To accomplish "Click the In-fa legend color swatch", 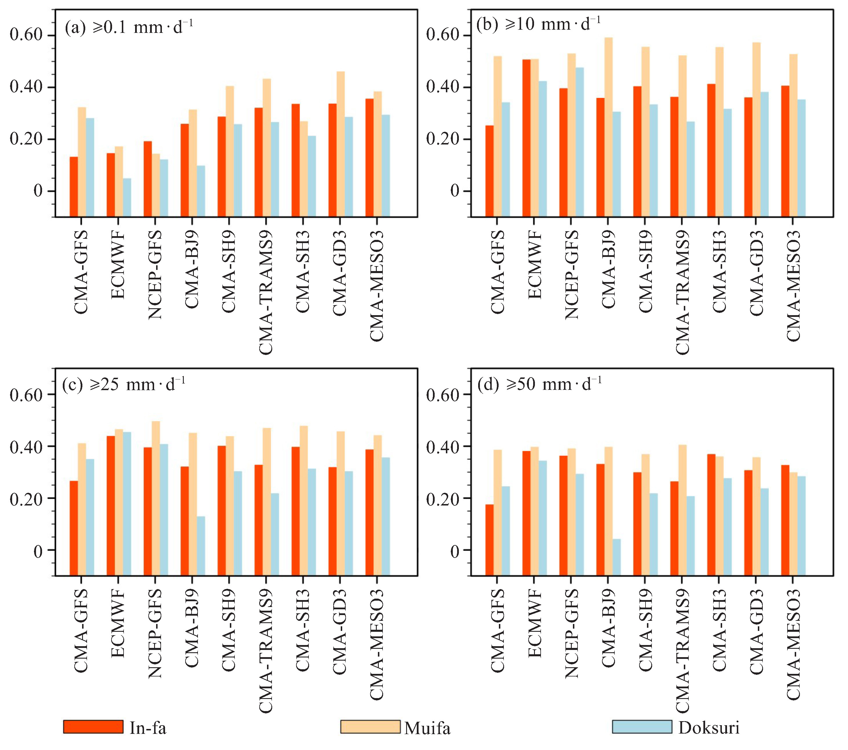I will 93,727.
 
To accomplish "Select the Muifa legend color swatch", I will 370,727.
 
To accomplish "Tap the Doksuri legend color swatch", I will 642,727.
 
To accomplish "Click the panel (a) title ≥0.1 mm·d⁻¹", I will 128,27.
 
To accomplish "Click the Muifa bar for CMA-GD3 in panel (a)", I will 340,144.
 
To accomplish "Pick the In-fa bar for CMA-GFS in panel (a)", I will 74,187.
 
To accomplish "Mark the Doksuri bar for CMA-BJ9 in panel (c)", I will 201,546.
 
